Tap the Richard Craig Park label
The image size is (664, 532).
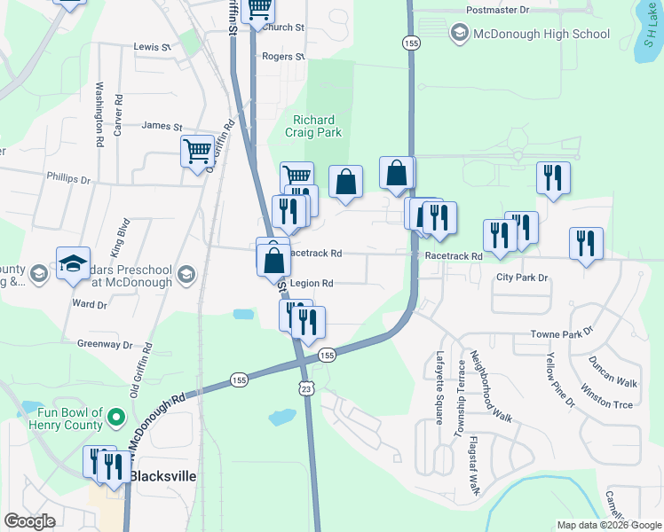coord(314,126)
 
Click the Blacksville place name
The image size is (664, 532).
coord(162,476)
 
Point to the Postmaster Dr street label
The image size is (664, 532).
coord(498,10)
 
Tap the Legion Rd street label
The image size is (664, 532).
coord(311,284)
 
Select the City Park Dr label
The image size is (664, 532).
coord(523,278)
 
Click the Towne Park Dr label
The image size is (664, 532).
coord(561,333)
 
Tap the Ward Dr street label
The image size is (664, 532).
coord(89,304)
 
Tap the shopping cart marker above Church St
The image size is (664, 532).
coord(257,9)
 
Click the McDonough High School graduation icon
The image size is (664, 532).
coord(459,34)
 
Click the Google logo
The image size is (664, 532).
coord(29,521)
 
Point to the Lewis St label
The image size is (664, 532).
coord(151,46)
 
